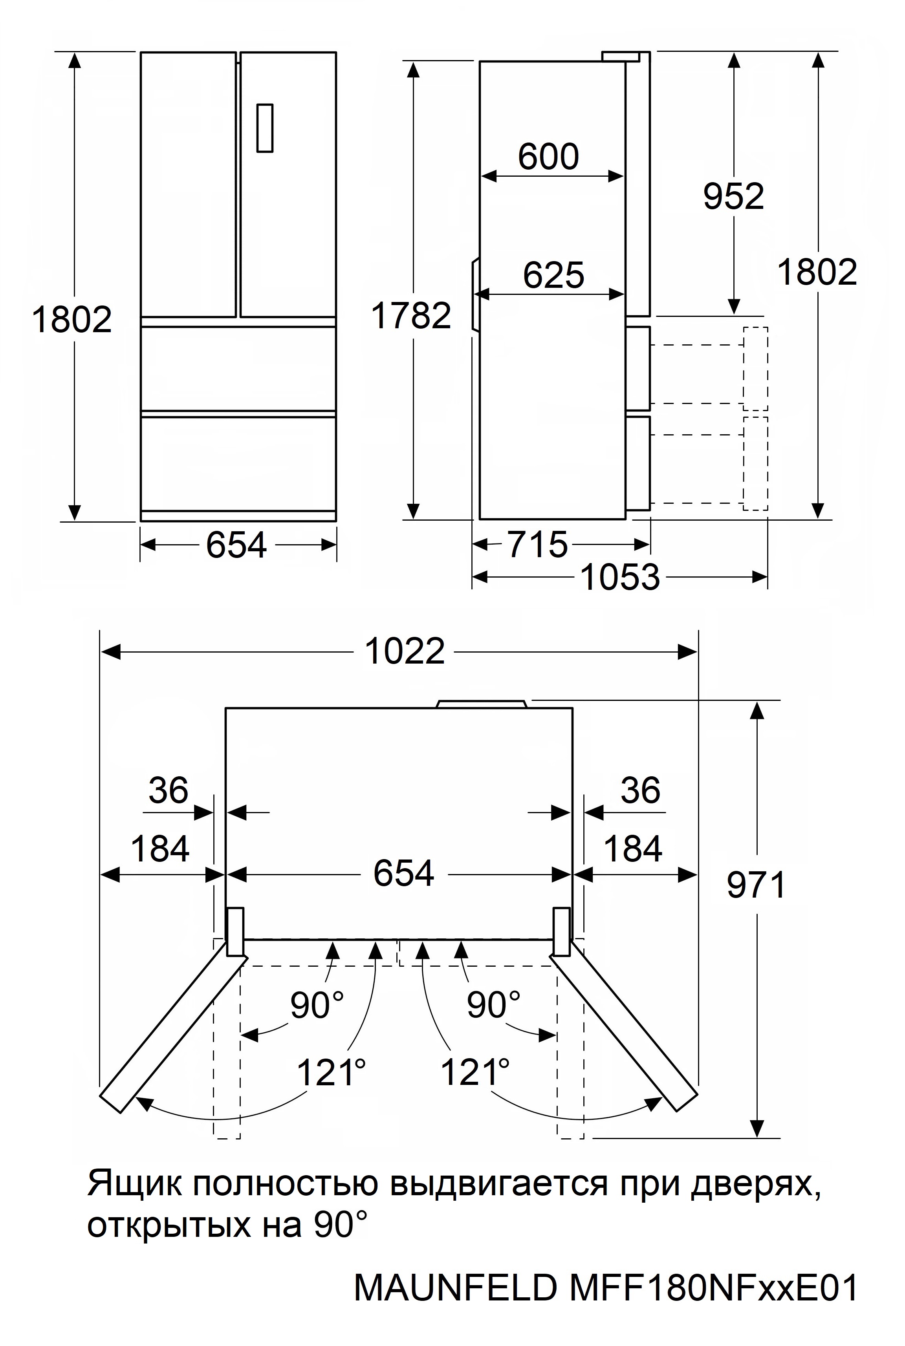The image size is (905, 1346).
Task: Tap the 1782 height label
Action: tap(411, 316)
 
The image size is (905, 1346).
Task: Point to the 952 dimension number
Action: tap(734, 196)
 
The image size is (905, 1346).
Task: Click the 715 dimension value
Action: tap(538, 544)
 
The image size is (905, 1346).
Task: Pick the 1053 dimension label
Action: tap(620, 577)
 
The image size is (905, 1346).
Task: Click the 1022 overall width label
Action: tap(405, 651)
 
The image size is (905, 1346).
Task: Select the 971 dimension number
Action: tap(756, 885)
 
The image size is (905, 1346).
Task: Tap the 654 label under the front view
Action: tap(236, 545)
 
